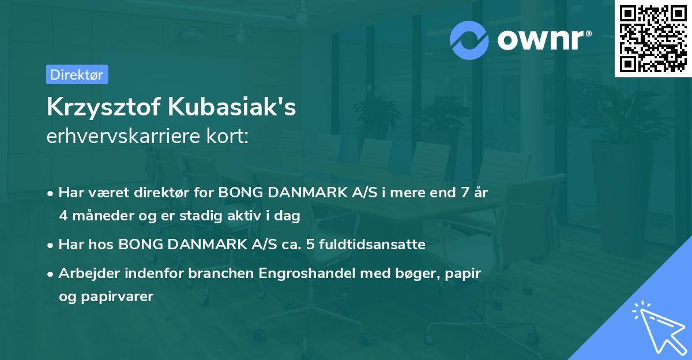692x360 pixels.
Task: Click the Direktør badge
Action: coord(77,74)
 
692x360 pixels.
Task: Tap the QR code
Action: coord(653,38)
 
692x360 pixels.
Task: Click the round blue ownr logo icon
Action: coord(470,40)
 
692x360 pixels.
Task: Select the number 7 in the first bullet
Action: coord(464,193)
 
